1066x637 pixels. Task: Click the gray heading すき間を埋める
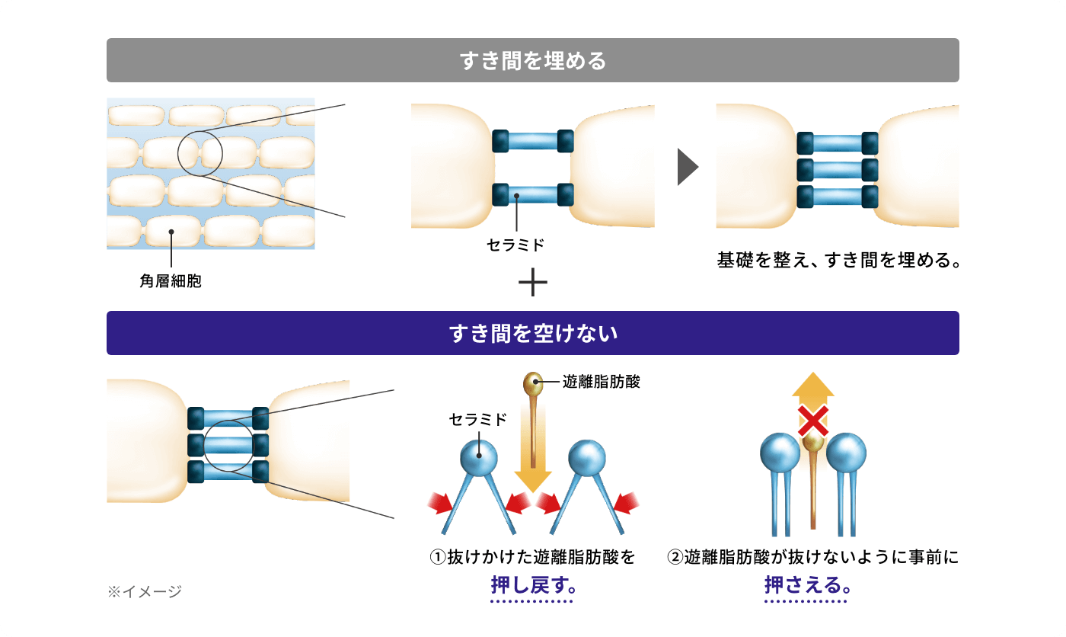pos(532,60)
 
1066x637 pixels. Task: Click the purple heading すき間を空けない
pos(532,333)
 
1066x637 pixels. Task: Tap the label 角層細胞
pos(171,281)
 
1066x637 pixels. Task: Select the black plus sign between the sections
pos(532,284)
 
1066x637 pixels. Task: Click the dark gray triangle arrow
pos(687,167)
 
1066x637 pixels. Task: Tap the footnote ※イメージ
pos(145,591)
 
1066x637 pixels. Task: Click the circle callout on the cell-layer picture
pos(199,152)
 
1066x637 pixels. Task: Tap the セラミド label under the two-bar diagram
pos(515,245)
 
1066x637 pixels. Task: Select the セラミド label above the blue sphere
pos(477,420)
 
